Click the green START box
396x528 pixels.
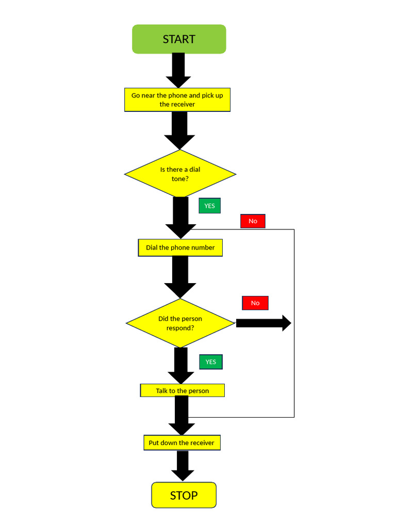tap(179, 39)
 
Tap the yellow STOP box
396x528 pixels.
tap(184, 495)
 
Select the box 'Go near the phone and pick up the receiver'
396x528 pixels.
tap(177, 100)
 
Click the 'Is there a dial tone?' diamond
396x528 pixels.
tap(180, 174)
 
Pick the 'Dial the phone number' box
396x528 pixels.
tap(180, 247)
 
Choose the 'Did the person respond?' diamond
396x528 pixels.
tap(180, 323)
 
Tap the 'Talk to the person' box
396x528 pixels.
tap(182, 390)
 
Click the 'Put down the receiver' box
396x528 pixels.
tap(182, 442)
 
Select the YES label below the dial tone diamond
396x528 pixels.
tap(209, 206)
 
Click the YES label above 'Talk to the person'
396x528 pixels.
tap(211, 362)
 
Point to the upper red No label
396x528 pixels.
tap(253, 221)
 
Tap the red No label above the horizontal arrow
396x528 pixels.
tap(255, 303)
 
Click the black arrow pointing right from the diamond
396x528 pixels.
tap(263, 323)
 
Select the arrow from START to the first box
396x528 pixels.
tap(178, 70)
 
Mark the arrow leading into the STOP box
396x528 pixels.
tap(183, 466)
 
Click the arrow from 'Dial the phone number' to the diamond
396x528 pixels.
tap(180, 277)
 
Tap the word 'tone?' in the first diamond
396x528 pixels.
tap(180, 179)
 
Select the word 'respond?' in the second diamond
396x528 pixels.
tap(180, 328)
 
